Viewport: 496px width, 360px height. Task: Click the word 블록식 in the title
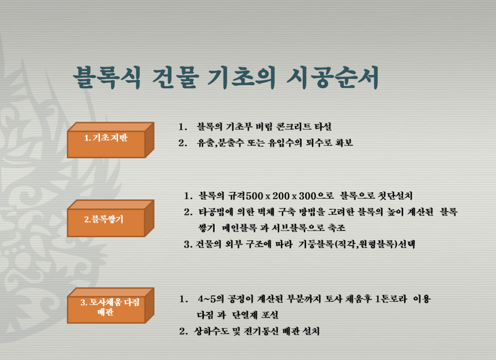point(106,77)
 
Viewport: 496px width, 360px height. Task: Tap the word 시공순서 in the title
point(332,77)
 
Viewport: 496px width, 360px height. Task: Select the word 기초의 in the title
point(241,77)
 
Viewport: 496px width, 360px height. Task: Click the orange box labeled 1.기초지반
point(110,140)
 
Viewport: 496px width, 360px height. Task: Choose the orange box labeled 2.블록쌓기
point(110,218)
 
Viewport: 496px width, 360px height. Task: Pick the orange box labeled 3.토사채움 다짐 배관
point(110,305)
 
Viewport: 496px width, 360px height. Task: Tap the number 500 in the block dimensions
point(255,196)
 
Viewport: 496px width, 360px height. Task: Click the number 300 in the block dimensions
point(308,196)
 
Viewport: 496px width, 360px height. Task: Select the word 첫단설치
point(395,196)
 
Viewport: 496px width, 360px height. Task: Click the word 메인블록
point(239,228)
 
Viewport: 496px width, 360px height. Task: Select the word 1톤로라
point(390,299)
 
